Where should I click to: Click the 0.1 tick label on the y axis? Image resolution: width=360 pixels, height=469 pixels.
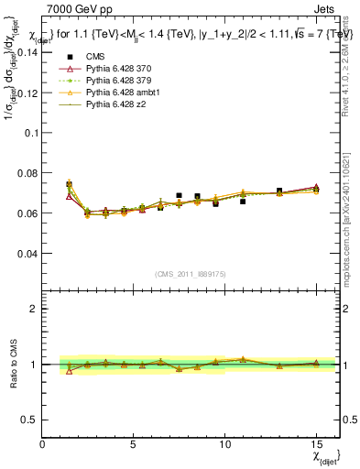(30, 133)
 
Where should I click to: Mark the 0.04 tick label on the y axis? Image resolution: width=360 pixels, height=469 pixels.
(27, 253)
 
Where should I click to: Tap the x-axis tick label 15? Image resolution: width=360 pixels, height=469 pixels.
(316, 445)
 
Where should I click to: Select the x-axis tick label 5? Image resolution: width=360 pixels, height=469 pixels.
(134, 445)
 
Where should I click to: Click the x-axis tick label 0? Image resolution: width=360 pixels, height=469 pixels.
(43, 445)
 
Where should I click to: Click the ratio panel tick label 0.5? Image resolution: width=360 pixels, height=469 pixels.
(30, 420)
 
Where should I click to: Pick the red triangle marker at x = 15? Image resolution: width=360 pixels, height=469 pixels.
(316, 187)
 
